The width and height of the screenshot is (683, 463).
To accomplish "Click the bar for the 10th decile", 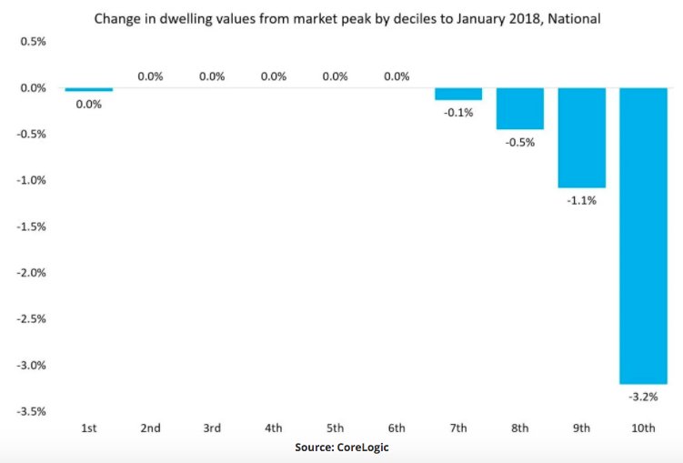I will pos(643,236).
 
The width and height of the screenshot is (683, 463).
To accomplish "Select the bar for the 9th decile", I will pos(581,137).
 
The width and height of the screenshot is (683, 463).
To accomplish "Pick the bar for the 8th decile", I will pos(519,108).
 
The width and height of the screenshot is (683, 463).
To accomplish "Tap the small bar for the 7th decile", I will pos(457,94).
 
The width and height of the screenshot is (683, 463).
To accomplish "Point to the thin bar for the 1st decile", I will pos(88,90).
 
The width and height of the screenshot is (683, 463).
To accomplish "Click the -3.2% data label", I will pos(643,398).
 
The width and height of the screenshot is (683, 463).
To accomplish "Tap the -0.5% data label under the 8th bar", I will pos(519,143).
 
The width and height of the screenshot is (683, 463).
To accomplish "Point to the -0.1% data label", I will pos(457,112).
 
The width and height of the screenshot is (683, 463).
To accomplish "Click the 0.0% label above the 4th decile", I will pos(274,76).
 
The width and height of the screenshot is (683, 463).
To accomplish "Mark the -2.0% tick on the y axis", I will pos(30,273).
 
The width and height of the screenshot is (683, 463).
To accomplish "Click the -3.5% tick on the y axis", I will pos(30,411).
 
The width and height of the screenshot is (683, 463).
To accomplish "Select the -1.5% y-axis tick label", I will pos(30,226).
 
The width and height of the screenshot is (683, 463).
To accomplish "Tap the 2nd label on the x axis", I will pos(150,428).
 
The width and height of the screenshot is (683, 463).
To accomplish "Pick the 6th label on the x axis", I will pos(397,428).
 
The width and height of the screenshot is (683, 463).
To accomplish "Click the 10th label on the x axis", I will pos(643,428).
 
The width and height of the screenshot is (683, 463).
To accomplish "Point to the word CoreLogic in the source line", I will pos(364,448).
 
